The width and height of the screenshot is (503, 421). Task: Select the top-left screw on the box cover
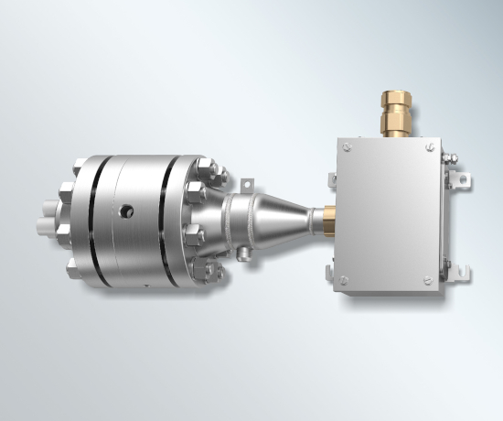point(345,146)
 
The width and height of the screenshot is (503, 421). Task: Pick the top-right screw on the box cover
point(430,144)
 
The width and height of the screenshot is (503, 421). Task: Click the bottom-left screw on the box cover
point(344,280)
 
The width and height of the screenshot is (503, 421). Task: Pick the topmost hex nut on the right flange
point(205,167)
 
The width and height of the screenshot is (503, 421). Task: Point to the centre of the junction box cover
point(389,212)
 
